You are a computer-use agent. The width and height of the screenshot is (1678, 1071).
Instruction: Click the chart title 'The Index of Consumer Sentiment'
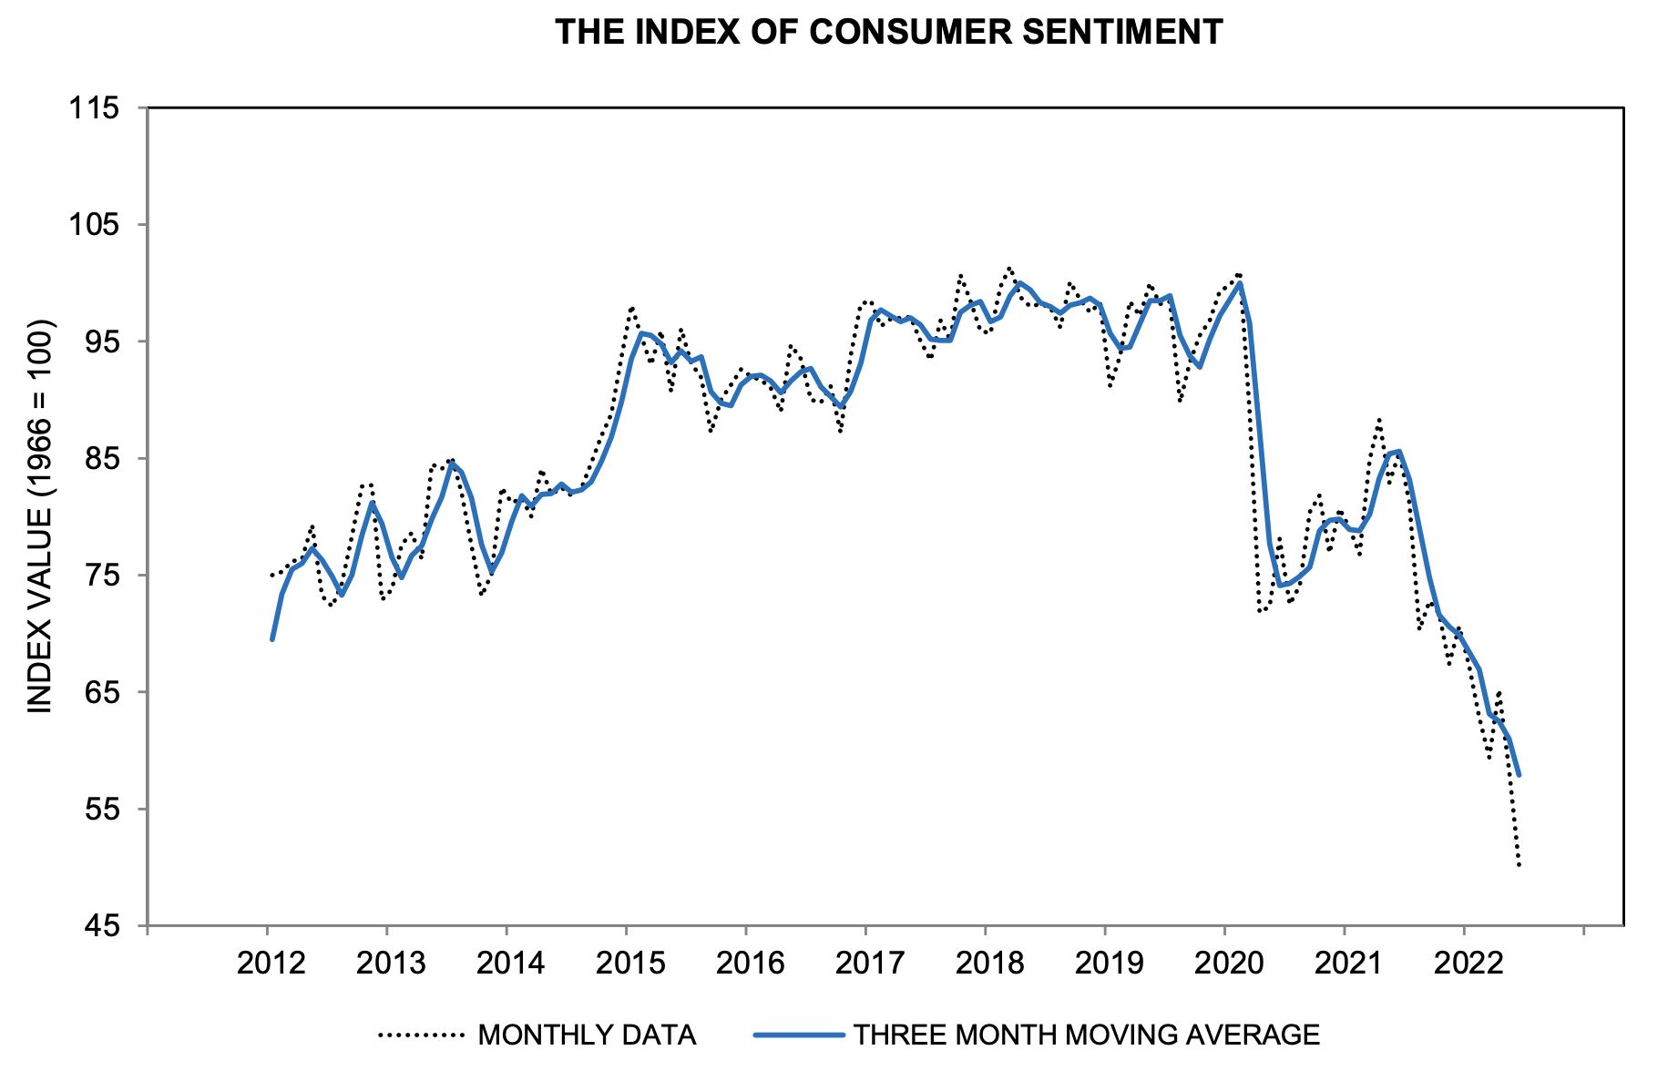click(888, 33)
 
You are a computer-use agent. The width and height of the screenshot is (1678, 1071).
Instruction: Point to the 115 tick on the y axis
click(94, 108)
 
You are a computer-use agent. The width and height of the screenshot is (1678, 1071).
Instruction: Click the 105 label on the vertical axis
click(94, 225)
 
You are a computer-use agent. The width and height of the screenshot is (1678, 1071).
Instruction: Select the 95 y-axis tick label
click(100, 342)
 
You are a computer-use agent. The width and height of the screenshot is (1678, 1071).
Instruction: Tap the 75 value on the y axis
click(100, 576)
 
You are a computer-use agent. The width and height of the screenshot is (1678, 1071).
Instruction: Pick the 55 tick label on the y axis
click(100, 809)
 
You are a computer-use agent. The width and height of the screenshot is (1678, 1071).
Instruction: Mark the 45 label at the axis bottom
click(100, 926)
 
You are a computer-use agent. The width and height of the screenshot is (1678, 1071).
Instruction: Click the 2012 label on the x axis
click(271, 963)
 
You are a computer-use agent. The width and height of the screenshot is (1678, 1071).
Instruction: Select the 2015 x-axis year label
click(629, 963)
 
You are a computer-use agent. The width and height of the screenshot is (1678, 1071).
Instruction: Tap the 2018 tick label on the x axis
click(989, 963)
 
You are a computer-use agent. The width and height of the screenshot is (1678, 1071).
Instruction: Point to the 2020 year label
click(1229, 963)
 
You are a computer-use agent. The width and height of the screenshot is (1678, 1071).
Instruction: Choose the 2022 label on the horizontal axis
click(1468, 963)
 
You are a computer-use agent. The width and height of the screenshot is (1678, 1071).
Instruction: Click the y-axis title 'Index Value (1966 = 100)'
click(40, 516)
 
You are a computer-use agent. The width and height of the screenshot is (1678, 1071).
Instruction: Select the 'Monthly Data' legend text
click(587, 1035)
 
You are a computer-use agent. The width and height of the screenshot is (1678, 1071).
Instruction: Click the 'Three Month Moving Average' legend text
click(1086, 1035)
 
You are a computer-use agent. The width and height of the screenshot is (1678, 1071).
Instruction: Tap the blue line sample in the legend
click(799, 1035)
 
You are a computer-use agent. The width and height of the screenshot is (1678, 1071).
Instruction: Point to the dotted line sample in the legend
click(422, 1035)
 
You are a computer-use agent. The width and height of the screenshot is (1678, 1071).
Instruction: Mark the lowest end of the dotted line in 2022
click(1519, 865)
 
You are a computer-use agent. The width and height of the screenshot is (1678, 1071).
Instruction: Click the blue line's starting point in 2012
click(272, 639)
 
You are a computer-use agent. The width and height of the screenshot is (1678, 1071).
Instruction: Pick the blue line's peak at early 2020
click(1240, 283)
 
